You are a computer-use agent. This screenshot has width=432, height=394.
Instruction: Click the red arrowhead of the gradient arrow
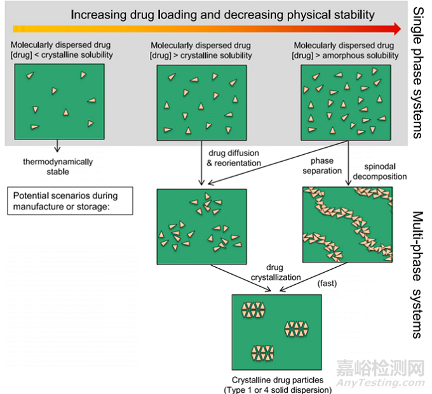(396, 28)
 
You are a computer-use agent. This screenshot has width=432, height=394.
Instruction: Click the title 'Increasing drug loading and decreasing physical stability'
(222, 14)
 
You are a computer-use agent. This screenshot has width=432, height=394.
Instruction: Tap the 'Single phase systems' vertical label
(417, 72)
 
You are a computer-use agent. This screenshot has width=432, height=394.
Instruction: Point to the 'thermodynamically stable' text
(58, 167)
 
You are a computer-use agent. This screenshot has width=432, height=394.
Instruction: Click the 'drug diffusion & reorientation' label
(234, 158)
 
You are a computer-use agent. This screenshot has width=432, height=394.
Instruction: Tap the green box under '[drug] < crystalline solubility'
(58, 101)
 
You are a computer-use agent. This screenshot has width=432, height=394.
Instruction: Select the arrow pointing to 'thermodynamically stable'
(57, 147)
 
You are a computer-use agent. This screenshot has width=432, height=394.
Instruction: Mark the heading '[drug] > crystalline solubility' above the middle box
(201, 55)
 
